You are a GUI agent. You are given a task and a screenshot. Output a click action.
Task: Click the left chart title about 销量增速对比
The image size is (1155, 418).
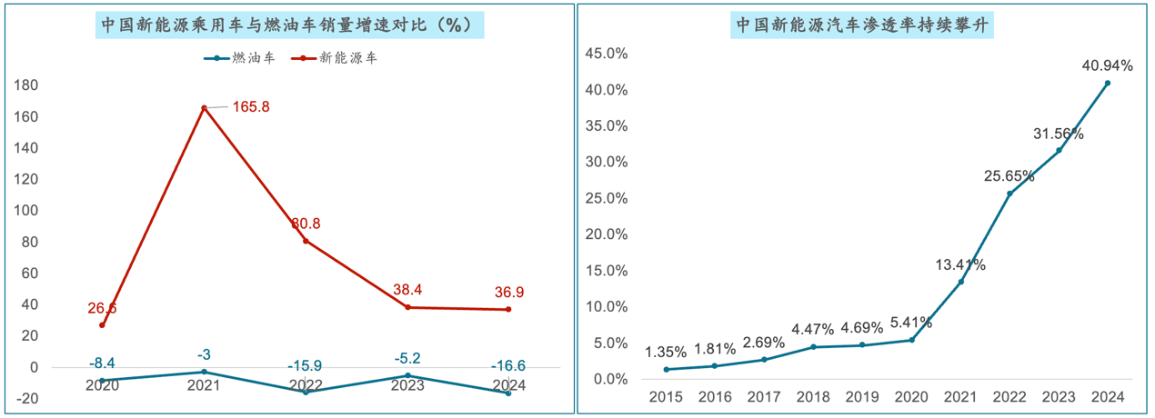click(x=289, y=25)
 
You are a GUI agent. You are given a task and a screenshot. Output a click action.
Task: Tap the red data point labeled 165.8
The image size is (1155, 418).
click(x=204, y=108)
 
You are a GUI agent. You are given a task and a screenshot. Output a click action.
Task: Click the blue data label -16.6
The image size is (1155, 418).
click(x=507, y=366)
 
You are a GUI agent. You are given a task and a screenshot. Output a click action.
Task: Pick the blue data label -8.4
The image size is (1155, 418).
click(x=102, y=363)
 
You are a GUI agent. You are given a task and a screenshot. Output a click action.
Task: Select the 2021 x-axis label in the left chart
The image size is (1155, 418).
click(x=204, y=385)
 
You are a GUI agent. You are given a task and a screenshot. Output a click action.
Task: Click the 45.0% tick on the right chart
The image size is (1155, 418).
click(x=606, y=54)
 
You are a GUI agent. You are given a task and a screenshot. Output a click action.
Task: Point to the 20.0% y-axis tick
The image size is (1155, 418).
click(x=606, y=234)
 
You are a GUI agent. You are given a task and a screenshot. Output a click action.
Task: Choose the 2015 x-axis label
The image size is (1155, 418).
click(x=667, y=398)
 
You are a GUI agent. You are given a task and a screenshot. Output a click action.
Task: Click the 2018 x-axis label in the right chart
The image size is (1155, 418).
click(x=813, y=398)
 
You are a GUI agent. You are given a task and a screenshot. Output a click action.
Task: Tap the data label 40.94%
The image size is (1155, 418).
click(x=1107, y=65)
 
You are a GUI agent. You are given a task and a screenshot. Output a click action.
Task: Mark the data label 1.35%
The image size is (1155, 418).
click(x=667, y=352)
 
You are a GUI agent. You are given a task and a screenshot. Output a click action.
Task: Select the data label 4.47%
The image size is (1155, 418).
click(x=813, y=329)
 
